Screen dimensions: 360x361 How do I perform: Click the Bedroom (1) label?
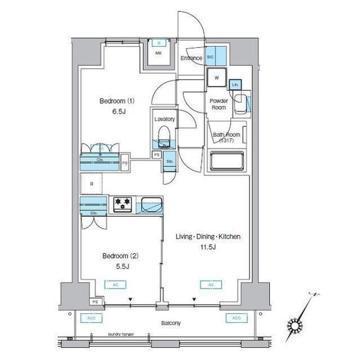[x=117, y=101]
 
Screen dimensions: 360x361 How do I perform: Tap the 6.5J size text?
[x=117, y=112]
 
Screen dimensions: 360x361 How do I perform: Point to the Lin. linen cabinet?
[x=235, y=85]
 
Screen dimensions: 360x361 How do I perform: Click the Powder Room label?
[x=218, y=104]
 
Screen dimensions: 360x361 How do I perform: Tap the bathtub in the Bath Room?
[x=227, y=162]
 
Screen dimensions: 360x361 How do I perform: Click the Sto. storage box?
[x=170, y=162]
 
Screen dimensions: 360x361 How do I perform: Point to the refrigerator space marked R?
[x=91, y=184]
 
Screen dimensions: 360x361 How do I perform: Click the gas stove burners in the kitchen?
[x=123, y=205]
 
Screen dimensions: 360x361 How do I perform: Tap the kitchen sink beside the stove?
[x=151, y=205]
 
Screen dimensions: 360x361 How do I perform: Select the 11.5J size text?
[x=207, y=246]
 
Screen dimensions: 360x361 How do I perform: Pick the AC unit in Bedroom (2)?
[x=115, y=285]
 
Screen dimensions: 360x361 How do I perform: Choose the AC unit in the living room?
[x=210, y=285]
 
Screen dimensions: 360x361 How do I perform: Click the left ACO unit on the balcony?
[x=88, y=318]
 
